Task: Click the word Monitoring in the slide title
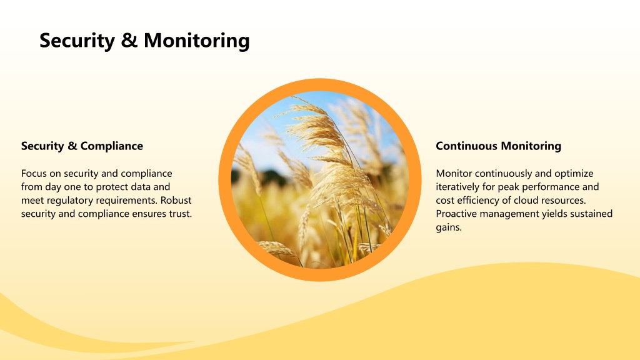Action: point(196,41)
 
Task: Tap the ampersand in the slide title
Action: point(129,41)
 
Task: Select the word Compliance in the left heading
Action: point(112,146)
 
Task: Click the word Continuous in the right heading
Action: point(466,146)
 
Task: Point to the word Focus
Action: point(34,174)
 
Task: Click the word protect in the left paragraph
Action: point(112,187)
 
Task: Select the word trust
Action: point(181,214)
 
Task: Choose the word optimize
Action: point(574,174)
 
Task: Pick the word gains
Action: point(449,227)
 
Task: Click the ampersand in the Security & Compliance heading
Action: point(72,146)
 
